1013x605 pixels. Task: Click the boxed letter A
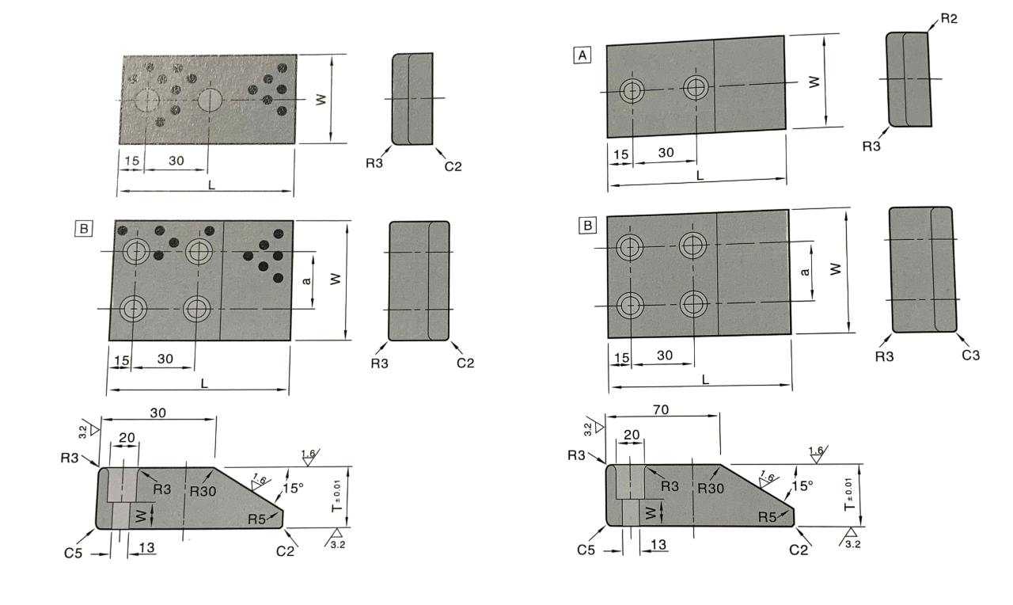coord(583,55)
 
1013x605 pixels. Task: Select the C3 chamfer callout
coord(970,355)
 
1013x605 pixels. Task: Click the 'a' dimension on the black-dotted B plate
coord(305,280)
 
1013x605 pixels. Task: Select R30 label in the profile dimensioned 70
coord(711,489)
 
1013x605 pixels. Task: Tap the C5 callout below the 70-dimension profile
coord(587,548)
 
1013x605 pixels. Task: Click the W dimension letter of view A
coord(814,80)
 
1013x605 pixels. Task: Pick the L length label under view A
coord(700,175)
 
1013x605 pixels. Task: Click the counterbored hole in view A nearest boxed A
coord(632,90)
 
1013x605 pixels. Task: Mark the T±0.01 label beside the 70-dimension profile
coord(850,495)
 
